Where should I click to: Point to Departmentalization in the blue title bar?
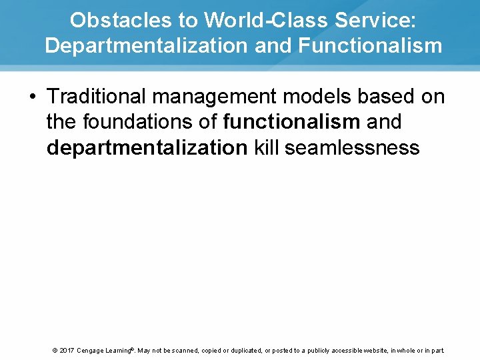141,46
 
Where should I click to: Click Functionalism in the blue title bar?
370,46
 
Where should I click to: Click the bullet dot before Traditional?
32,97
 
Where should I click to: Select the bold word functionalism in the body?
292,122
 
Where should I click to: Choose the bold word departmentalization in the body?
147,147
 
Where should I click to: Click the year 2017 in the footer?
67,351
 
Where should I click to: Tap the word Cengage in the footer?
93,351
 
